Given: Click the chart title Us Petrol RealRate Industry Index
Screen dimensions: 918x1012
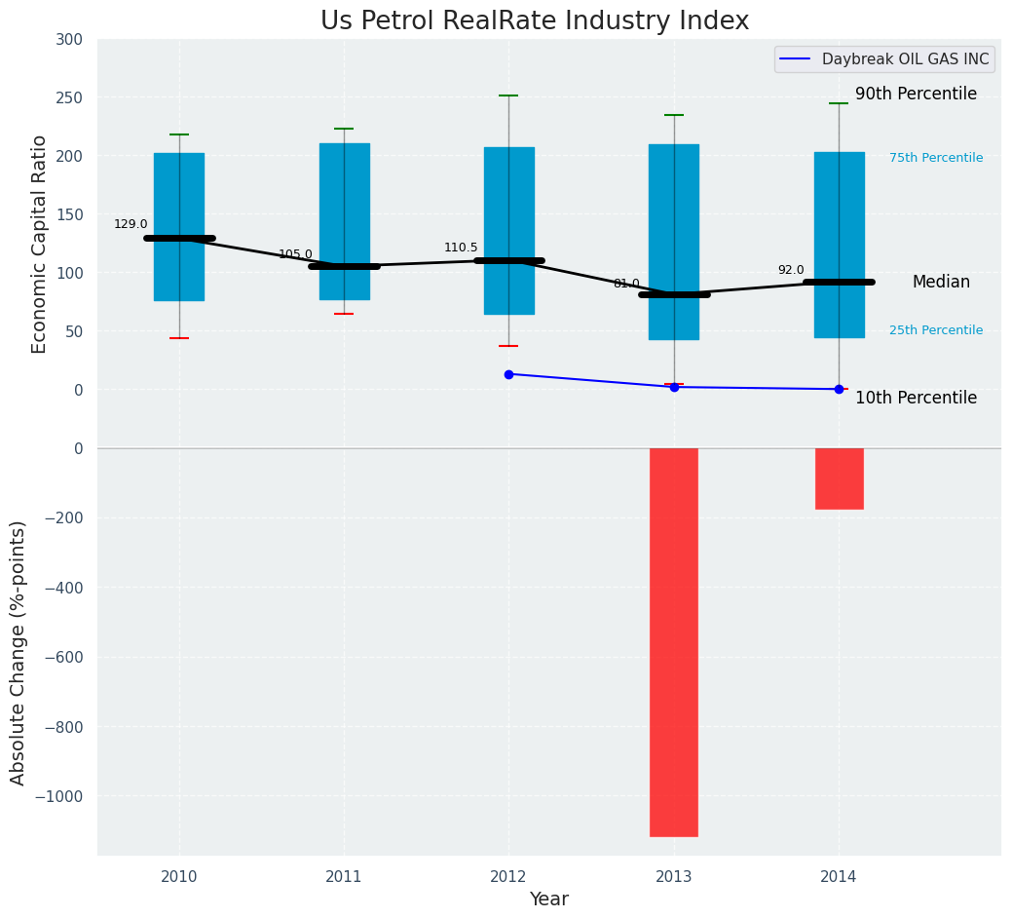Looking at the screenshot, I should (535, 21).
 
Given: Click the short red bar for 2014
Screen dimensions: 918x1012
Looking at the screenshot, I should (839, 478).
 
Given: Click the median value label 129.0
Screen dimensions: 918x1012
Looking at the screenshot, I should (131, 224).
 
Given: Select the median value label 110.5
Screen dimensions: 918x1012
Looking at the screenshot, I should (461, 248).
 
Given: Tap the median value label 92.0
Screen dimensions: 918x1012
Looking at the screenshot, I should (791, 270).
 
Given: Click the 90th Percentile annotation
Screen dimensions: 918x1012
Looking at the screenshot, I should (916, 95).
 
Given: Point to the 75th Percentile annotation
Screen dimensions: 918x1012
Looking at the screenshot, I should (936, 158).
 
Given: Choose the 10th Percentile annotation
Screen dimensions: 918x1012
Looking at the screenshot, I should (916, 398).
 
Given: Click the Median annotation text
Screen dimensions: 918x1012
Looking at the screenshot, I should (941, 282).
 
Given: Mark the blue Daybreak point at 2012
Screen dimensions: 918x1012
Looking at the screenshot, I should (508, 374).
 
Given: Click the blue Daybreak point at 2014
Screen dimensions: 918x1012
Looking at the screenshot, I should (839, 389).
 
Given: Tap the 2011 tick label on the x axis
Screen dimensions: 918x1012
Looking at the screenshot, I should (344, 877).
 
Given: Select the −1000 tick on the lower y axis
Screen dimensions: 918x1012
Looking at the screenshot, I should (59, 796).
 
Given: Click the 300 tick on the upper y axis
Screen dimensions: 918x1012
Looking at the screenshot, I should (70, 40).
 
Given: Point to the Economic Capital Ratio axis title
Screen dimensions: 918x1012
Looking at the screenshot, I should (40, 244).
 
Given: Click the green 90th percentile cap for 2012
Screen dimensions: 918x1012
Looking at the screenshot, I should (508, 96).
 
